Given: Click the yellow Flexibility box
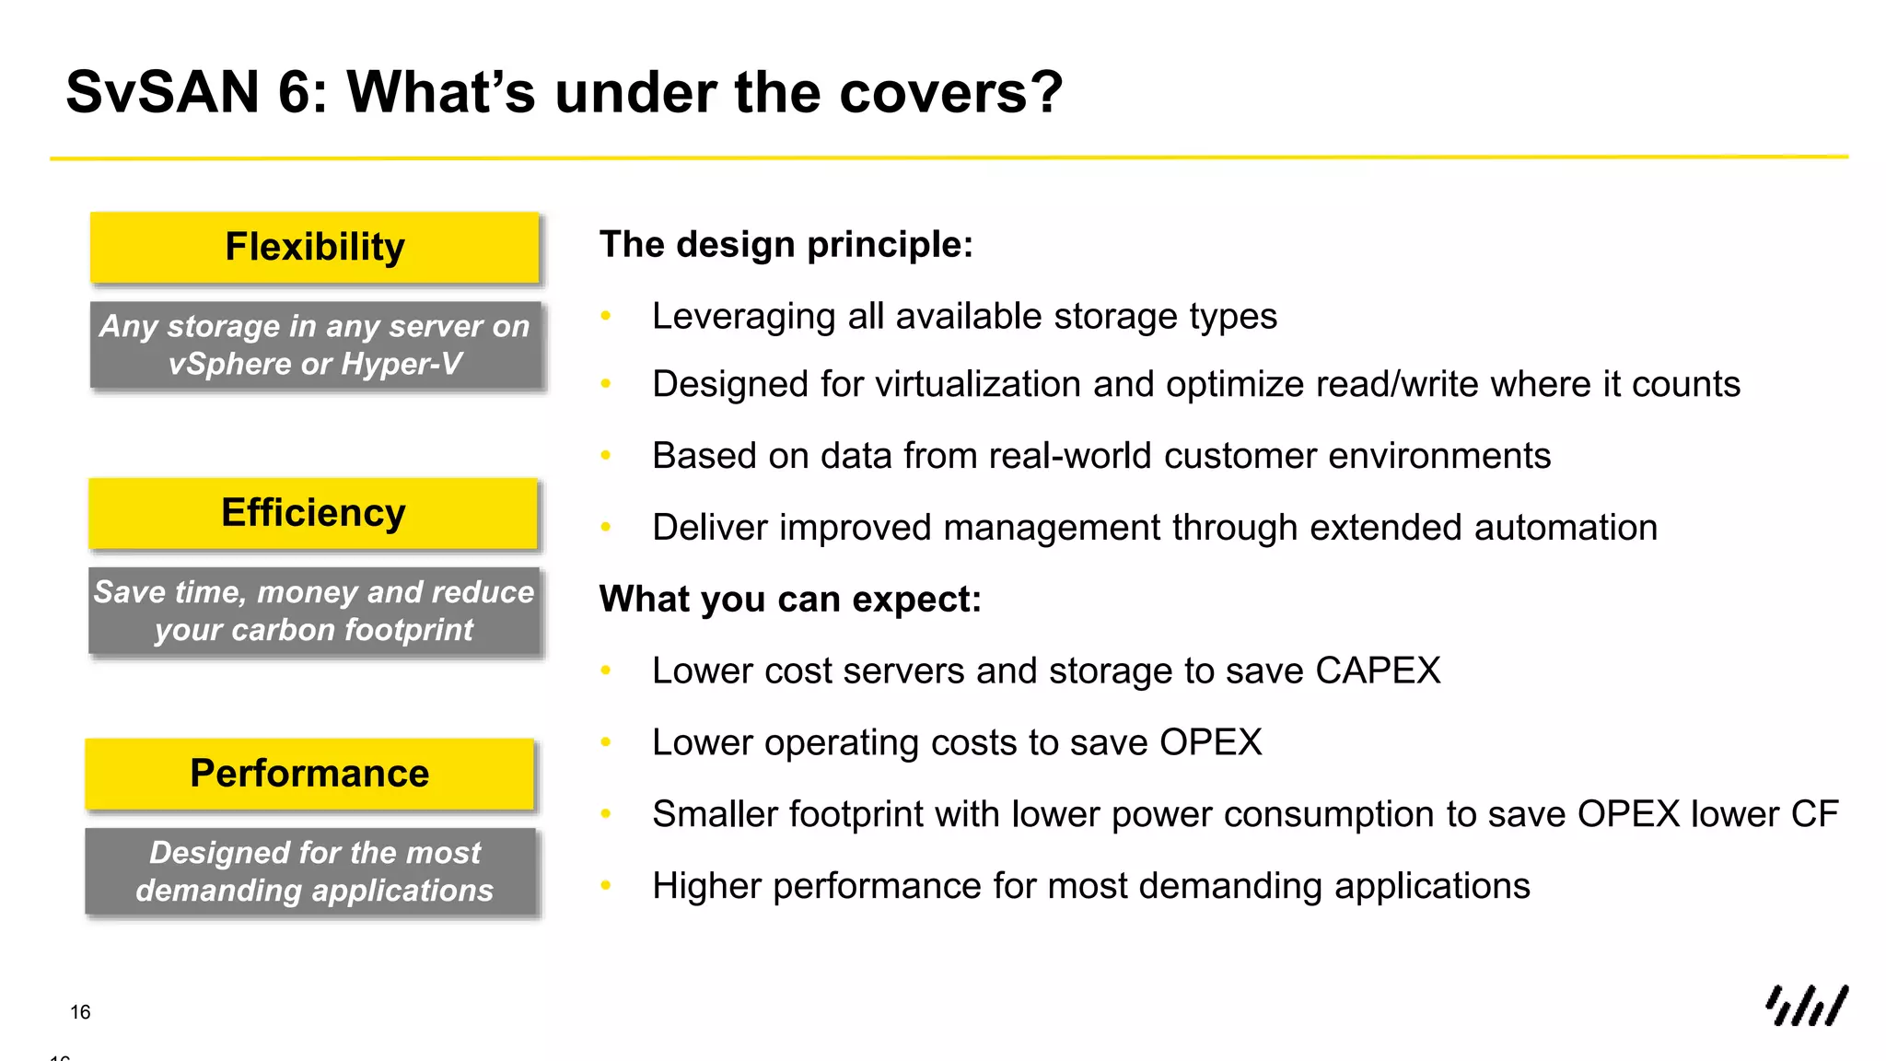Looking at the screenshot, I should (314, 248).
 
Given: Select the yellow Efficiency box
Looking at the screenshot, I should (313, 513).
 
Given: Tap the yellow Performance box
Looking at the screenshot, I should (309, 774).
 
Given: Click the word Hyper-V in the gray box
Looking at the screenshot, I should (402, 364).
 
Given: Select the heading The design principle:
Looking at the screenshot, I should (786, 245).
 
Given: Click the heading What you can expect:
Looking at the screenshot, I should (790, 600).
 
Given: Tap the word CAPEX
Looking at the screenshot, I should (1378, 670).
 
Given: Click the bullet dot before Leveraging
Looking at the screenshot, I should (606, 317).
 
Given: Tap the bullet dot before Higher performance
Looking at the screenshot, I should (606, 886).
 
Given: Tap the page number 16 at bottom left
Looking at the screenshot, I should (80, 1012).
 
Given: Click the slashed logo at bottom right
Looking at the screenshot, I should (1806, 1006).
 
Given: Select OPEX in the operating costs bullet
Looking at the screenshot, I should (1210, 742).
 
